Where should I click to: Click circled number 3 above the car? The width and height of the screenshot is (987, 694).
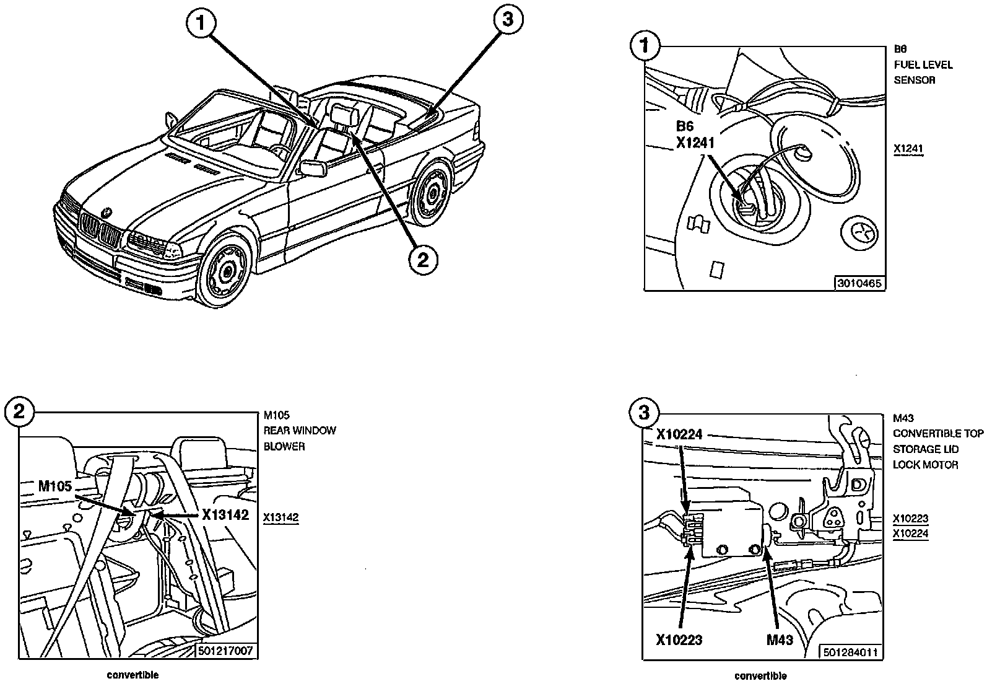[508, 19]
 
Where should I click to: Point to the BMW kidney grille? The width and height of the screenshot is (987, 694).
[100, 229]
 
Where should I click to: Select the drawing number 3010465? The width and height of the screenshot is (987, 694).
[859, 283]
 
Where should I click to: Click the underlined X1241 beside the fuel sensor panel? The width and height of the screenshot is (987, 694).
[908, 149]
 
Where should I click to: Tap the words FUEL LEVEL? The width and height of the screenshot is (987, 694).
[923, 65]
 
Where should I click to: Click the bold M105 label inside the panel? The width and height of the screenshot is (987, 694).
[54, 486]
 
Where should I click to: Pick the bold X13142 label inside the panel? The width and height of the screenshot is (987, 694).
[225, 514]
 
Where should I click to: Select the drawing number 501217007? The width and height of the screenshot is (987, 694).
[225, 651]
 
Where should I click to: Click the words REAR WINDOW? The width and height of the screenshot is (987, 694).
[300, 430]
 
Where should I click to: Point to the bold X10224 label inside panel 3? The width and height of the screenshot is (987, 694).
[679, 434]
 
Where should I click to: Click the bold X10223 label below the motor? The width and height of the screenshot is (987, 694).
[679, 639]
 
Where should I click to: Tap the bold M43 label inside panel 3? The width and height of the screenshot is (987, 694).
[780, 639]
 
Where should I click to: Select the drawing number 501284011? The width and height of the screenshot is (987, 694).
[850, 652]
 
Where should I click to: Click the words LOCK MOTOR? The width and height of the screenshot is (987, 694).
[925, 465]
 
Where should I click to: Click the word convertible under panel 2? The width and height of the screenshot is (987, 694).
[133, 675]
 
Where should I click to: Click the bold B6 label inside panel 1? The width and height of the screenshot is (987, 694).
[685, 126]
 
